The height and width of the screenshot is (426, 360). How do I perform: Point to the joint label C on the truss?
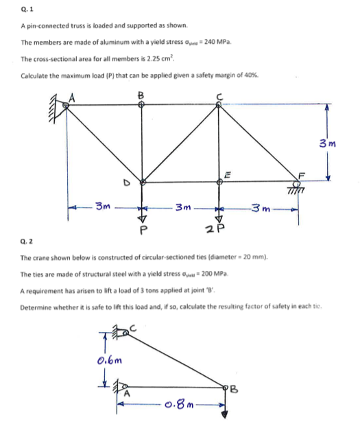click(219, 95)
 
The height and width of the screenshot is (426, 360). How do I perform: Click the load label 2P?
click(219, 229)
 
